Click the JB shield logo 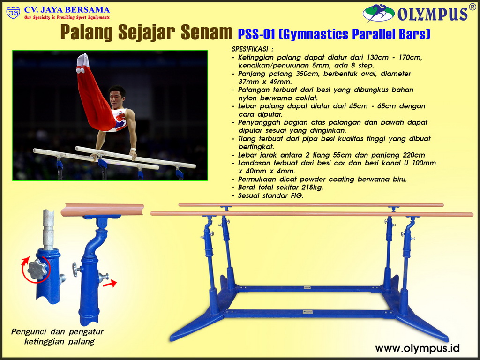pyautogui.click(x=13, y=13)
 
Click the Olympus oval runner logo pyautogui.click(x=378, y=13)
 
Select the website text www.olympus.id pyautogui.click(x=417, y=348)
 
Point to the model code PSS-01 pyautogui.click(x=256, y=34)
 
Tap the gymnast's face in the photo pyautogui.click(x=117, y=97)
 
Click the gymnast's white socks pyautogui.click(x=82, y=63)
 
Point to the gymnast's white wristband pyautogui.click(x=133, y=150)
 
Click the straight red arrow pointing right pyautogui.click(x=110, y=284)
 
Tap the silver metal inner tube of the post pyautogui.click(x=48, y=229)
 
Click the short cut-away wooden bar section pyautogui.click(x=102, y=210)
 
